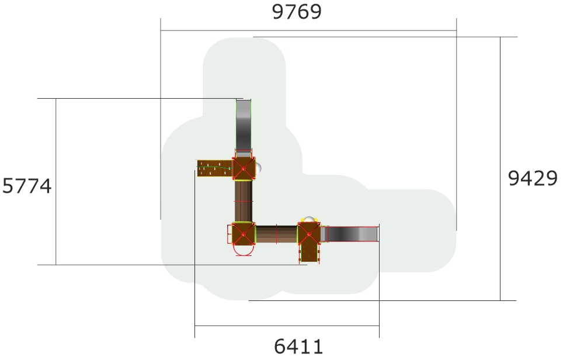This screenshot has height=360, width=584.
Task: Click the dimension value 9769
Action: tap(297, 12)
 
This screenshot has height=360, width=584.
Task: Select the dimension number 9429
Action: tap(533, 178)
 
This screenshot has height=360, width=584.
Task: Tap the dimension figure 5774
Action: tap(27, 186)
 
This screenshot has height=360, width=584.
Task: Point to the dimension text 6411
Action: tap(298, 346)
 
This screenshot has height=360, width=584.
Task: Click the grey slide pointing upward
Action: tap(244, 125)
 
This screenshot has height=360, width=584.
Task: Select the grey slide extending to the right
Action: tap(350, 234)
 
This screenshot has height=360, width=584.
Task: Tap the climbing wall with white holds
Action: tap(214, 168)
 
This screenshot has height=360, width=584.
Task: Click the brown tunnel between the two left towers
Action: tap(244, 201)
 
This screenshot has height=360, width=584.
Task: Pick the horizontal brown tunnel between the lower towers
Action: tap(276, 234)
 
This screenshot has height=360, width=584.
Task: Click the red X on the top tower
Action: tap(244, 168)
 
